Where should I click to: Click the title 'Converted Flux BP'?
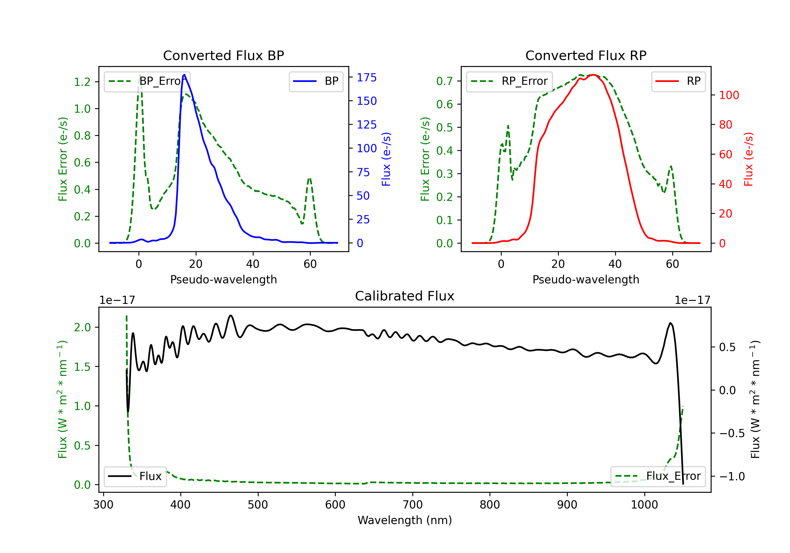click(223, 55)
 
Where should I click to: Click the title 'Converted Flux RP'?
click(586, 55)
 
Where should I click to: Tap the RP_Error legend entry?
click(509, 81)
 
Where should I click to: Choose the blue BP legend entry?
click(316, 81)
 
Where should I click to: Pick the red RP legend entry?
click(678, 81)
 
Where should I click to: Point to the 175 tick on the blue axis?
click(367, 77)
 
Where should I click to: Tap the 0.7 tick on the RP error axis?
click(445, 81)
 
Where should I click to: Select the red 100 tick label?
click(729, 95)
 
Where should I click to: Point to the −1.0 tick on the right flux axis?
click(732, 476)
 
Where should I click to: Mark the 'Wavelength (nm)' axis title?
click(405, 520)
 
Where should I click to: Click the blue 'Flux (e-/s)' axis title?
click(386, 159)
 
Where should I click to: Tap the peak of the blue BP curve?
click(184, 75)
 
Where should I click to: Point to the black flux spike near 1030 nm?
click(670, 323)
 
